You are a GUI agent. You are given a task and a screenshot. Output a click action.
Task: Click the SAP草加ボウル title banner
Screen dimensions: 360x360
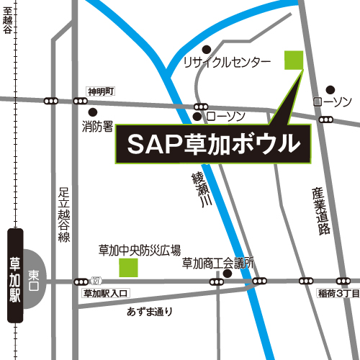214,143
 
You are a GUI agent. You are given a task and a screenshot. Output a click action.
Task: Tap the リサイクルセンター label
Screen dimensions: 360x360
227,62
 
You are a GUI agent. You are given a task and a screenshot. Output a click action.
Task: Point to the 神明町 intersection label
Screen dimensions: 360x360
101,91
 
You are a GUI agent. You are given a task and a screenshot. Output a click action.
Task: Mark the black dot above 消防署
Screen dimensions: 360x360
92,112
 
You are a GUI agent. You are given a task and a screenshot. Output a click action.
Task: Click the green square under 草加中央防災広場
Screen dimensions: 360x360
128,268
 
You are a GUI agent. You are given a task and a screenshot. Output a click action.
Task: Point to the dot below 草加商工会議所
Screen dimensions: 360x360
228,274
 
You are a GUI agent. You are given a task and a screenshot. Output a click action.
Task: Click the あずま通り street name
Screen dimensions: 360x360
150,312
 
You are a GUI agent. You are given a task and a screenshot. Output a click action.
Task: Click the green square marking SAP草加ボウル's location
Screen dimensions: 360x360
294,60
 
